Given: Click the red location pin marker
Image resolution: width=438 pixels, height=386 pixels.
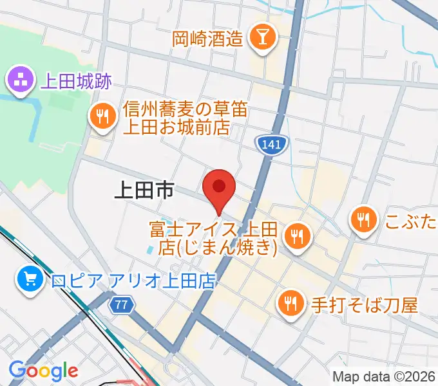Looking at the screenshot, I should coord(218,188).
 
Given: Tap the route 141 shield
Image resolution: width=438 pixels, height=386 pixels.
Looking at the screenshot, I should coord(271,146).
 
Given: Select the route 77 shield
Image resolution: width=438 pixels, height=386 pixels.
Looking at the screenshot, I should coord(120,305).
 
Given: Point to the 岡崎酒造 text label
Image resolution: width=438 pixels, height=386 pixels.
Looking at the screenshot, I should coord(208,39).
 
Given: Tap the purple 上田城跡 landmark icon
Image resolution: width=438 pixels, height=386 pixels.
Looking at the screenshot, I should coord(19,80).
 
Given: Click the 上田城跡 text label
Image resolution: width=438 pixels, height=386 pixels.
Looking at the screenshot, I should coord(75,82).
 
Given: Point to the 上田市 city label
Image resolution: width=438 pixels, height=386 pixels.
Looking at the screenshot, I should coord(144,190).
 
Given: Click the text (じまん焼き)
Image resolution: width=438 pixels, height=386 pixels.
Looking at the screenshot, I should coord(229,246).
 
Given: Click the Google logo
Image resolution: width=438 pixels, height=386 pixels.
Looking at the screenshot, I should coord(43,371).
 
